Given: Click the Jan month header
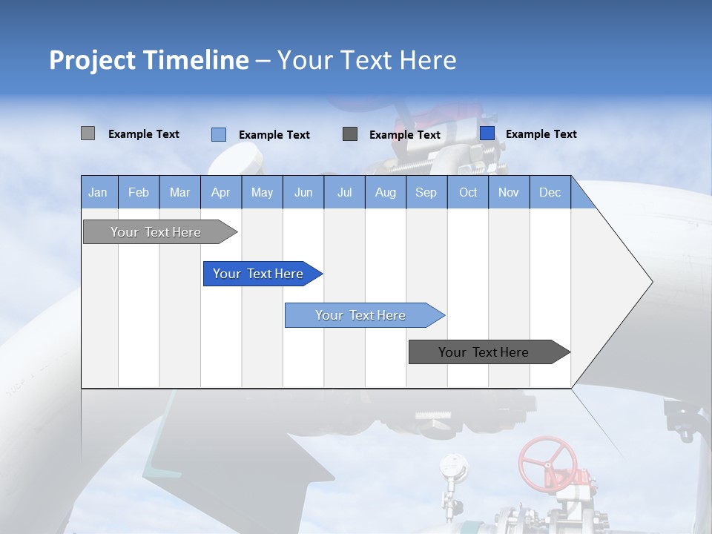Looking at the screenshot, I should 99,192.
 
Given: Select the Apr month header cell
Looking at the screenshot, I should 221,192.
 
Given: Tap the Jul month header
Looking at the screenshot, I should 344,192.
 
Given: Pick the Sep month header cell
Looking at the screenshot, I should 426,192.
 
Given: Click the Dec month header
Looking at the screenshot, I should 550,192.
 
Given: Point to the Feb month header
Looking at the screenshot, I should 139,192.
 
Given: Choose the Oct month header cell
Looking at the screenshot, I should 468,192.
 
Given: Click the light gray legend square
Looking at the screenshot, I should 88,133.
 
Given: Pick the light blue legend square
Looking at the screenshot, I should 219,134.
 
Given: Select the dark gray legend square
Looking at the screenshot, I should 350,133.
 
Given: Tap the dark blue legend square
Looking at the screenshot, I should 487,133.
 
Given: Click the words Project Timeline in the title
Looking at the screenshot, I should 149,60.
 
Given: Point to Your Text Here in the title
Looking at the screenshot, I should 367,60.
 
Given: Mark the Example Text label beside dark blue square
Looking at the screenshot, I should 541,134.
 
